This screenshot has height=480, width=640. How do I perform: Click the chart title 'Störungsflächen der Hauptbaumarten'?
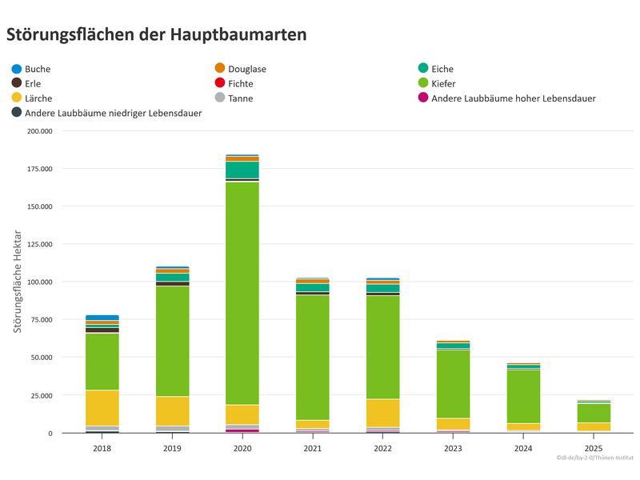coord(156,35)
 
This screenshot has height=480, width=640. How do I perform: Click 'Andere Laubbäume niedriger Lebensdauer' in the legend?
coord(113,113)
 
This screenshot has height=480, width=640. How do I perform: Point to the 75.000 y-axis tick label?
coord(38,320)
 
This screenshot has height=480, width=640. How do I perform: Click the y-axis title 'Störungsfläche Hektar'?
coord(17,282)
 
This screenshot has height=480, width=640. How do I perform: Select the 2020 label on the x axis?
coord(242,449)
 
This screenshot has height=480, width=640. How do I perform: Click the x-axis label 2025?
coord(594,449)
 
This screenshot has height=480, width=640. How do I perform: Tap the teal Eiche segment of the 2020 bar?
coord(242,170)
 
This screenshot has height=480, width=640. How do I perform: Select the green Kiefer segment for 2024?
coord(524,396)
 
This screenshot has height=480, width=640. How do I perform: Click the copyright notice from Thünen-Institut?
coord(595,460)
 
